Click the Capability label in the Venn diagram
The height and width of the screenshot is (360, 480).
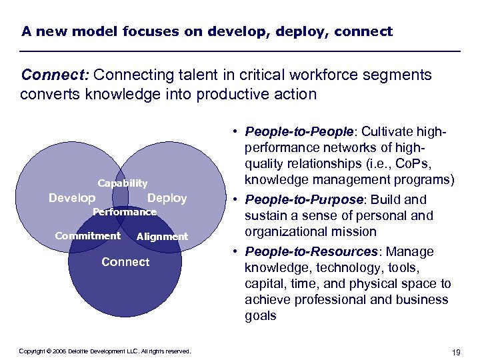click(x=123, y=183)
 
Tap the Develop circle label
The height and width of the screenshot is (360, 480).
click(x=72, y=198)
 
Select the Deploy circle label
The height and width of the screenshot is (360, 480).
click(x=167, y=198)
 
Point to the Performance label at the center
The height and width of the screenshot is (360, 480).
click(x=124, y=212)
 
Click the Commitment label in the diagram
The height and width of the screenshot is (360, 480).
click(x=87, y=235)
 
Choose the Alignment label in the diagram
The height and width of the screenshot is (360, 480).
click(x=162, y=237)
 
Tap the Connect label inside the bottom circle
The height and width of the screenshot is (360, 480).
click(x=125, y=262)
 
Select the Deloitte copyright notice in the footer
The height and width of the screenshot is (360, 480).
click(x=105, y=351)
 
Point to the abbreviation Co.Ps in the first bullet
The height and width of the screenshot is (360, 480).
click(x=417, y=163)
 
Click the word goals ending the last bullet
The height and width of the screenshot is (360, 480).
click(x=260, y=315)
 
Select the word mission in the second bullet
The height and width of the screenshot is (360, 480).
click(x=356, y=231)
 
